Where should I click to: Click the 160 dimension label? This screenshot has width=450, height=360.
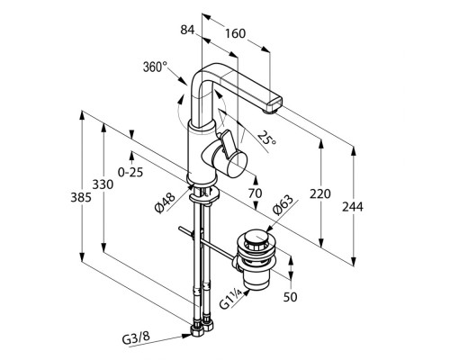(x=236, y=33)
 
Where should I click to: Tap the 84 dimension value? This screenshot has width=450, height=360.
(x=187, y=30)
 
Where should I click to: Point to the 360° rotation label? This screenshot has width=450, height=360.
(x=155, y=67)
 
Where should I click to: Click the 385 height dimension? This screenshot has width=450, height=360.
(x=81, y=197)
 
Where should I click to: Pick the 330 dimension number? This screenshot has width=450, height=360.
(x=103, y=184)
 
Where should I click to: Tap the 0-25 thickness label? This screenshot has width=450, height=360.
(x=130, y=172)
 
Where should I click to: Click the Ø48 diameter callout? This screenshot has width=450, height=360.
(x=165, y=203)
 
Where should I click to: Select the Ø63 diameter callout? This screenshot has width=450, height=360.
(x=283, y=205)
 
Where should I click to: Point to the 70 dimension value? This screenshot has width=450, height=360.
(x=255, y=193)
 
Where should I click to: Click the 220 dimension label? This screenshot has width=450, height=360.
(x=320, y=193)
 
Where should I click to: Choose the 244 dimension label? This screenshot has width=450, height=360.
(x=353, y=207)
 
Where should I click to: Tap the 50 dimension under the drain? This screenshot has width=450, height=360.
(x=290, y=297)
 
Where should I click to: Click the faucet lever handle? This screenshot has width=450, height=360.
(x=227, y=141)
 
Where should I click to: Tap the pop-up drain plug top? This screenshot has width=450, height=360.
(x=256, y=238)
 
